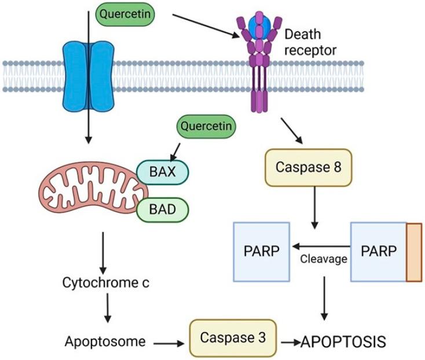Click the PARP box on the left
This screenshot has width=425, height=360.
click(261, 252)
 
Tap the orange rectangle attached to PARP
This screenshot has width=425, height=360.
click(413, 252)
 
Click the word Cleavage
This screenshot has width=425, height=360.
click(323, 259)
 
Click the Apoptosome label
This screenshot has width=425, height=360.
click(105, 341)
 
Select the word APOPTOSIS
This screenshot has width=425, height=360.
click(343, 341)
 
